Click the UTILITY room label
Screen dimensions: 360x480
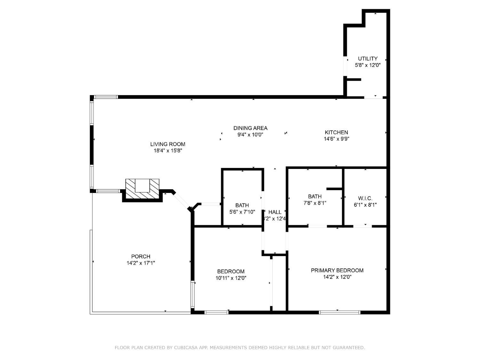point(368,59)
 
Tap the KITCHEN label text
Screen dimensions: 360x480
point(336,132)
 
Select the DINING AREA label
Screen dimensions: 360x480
point(250,128)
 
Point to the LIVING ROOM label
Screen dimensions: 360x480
point(168,144)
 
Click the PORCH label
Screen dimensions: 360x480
point(140,256)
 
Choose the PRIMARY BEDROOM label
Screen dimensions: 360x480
point(337,270)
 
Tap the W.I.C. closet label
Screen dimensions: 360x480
point(365,198)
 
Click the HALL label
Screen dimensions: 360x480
point(275,212)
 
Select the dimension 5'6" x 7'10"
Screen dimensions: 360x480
point(242,212)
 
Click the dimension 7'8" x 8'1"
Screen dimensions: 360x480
point(315,203)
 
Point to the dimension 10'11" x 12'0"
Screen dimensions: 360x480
point(231,278)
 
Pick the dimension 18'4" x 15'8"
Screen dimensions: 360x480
point(168,151)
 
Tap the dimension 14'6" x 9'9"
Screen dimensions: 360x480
point(336,139)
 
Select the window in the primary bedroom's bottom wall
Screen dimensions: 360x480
point(340,312)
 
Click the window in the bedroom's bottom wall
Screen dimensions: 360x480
point(216,312)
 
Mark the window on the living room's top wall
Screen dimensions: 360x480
point(106,97)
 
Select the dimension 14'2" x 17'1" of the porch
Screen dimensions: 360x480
point(140,263)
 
